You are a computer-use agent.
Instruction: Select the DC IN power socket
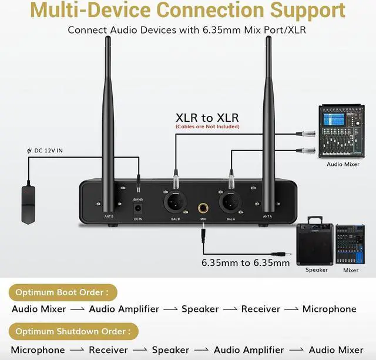(138, 208)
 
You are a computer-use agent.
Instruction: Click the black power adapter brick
(27, 203)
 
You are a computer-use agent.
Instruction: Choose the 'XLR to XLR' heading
(207, 117)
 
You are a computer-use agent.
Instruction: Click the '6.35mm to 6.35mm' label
(246, 263)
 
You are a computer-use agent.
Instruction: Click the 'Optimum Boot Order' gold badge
(63, 292)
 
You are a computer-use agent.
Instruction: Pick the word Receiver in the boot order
(261, 309)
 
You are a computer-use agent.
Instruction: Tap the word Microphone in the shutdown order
(38, 350)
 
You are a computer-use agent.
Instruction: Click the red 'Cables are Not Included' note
(207, 126)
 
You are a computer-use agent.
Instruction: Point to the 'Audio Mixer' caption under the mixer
(343, 164)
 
